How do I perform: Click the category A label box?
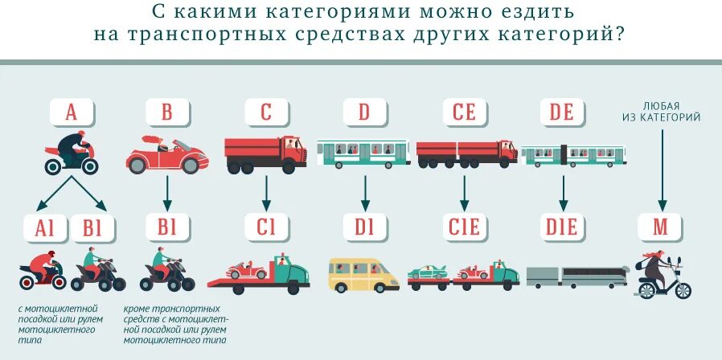click(x=72, y=112)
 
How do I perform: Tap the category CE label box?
click(x=464, y=112)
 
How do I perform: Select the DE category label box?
click(x=562, y=112)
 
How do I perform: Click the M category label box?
click(x=660, y=227)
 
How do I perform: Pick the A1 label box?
click(x=46, y=227)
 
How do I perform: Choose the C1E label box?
click(x=464, y=227)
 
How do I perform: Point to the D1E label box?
click(x=562, y=227)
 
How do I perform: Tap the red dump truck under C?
click(x=266, y=153)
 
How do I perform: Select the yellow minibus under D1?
click(x=363, y=274)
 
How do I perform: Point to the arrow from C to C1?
click(x=266, y=193)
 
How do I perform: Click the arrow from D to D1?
click(x=364, y=193)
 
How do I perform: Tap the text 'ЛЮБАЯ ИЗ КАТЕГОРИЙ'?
click(x=661, y=111)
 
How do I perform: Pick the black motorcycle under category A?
click(x=72, y=155)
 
